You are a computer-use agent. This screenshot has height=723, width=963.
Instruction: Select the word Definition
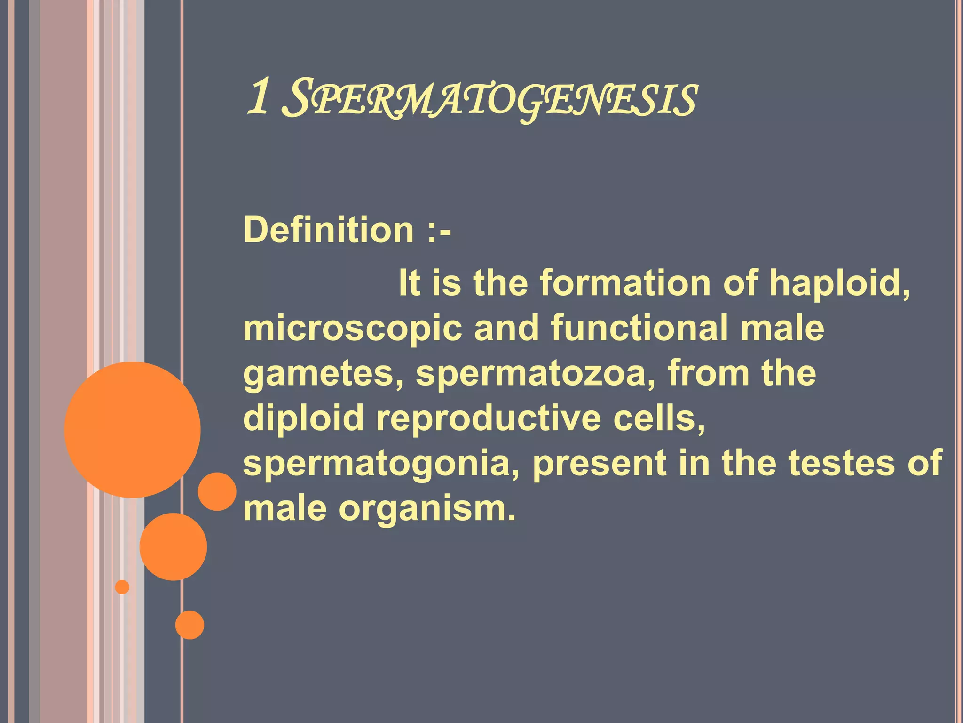pos(328,230)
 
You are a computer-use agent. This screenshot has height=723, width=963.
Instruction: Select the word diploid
pos(304,419)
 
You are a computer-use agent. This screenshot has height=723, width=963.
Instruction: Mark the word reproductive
pos(488,419)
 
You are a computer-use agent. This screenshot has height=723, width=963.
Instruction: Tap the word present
pos(599,464)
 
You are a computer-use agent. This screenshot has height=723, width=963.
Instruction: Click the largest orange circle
pos(133,429)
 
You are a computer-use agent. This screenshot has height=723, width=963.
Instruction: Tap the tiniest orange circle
pos(122,587)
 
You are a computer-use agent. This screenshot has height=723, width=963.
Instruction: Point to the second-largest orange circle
pos(173,546)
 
